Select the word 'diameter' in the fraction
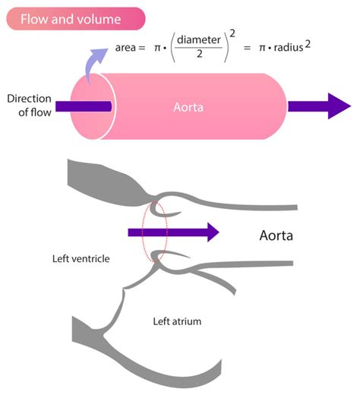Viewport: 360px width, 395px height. pos(203,42)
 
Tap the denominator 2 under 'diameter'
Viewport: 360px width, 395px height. pos(203,58)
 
